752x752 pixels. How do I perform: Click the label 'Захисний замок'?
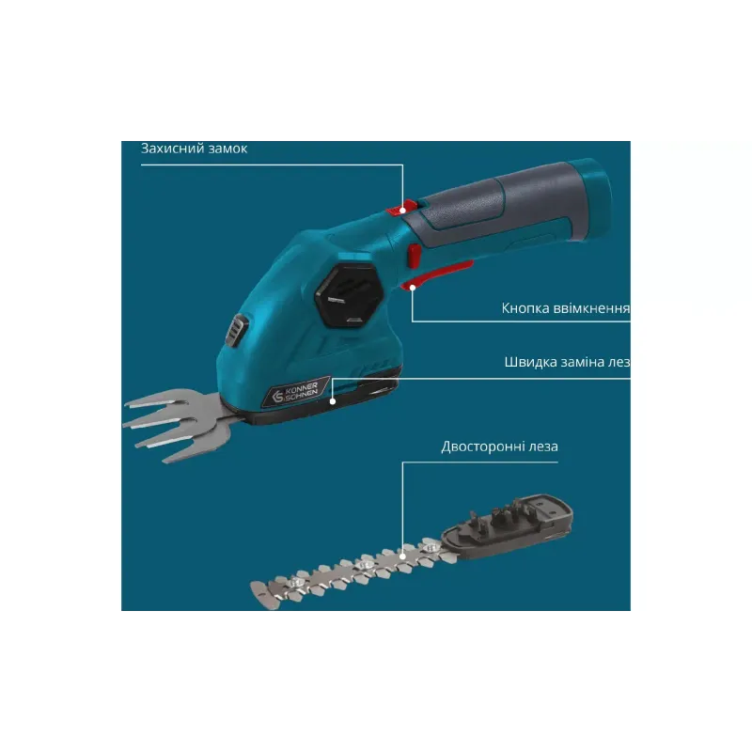coord(194,149)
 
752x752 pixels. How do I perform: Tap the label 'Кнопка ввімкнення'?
coord(566,308)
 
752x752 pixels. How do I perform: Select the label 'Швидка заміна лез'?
coord(568,362)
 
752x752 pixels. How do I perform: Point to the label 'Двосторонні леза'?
coord(499,447)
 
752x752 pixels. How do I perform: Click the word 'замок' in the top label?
coord(227,149)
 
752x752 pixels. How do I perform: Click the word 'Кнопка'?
coord(525,308)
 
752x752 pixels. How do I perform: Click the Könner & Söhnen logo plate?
coord(295,392)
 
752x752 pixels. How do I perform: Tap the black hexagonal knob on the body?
coord(349,295)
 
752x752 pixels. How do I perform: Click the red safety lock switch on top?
coord(402,208)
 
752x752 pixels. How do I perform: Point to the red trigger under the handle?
coord(434,274)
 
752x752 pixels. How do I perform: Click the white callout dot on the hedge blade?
coord(403,556)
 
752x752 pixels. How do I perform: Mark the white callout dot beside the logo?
coord(333,401)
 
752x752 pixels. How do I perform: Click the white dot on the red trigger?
coord(413,287)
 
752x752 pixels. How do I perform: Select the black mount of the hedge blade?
coord(509,526)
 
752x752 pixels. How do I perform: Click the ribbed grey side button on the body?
coord(237,331)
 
